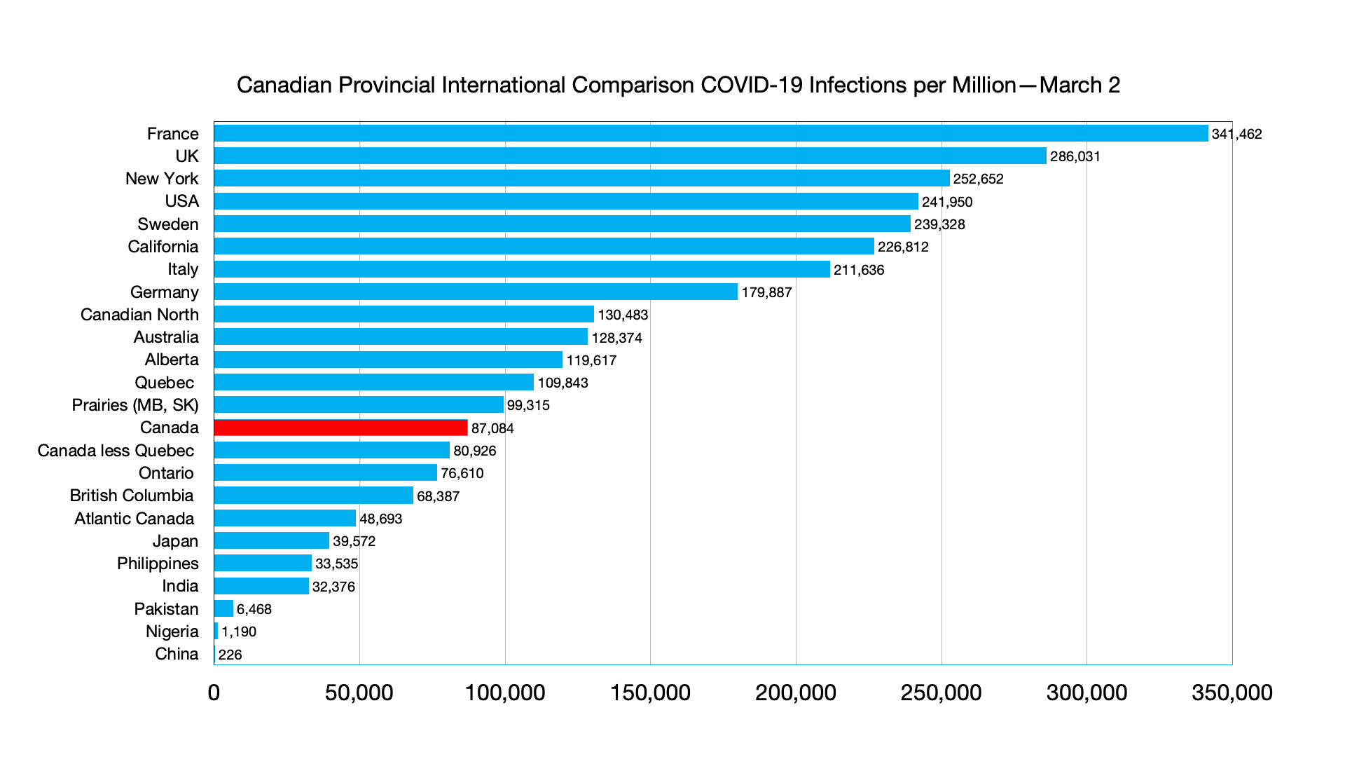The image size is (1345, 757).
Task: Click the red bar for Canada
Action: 340,428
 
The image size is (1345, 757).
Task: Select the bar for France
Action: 711,133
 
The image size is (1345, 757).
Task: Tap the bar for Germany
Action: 476,292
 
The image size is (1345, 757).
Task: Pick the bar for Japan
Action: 272,540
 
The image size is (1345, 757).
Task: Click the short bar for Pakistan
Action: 224,608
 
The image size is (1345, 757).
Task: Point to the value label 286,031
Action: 1075,156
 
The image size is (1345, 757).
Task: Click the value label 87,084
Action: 492,428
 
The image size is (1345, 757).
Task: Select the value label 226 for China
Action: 230,655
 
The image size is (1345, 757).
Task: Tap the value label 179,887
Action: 766,292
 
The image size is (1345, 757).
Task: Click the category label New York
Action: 162,179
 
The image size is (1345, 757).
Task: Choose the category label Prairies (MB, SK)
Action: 135,405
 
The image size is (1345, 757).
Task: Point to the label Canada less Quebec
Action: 116,451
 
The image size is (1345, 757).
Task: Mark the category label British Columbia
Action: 132,496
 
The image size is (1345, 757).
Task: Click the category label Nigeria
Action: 172,632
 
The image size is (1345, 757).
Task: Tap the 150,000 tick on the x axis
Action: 650,693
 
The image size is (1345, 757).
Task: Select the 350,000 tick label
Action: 1232,693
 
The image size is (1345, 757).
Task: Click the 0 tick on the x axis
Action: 214,693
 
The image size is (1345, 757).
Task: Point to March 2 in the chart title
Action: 1080,85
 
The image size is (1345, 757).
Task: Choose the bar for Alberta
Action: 388,360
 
